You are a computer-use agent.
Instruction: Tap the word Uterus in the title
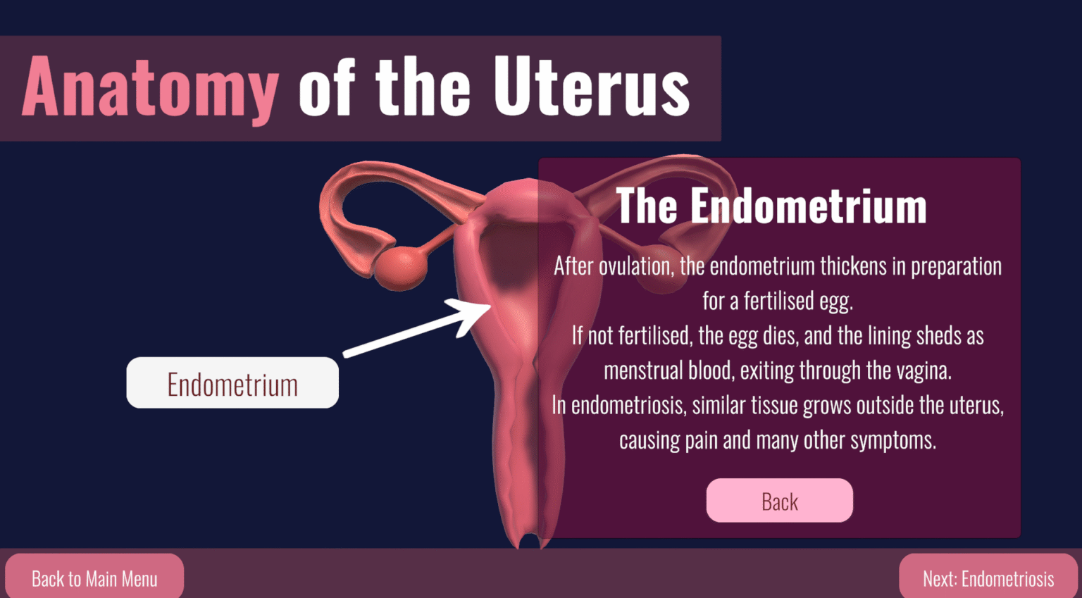click(x=592, y=86)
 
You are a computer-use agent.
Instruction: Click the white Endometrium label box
click(x=232, y=382)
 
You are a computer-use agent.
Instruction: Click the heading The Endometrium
click(x=771, y=206)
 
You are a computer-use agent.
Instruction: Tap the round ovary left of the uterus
click(x=401, y=268)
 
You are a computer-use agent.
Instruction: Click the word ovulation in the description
click(x=636, y=267)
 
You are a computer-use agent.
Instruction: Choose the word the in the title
click(x=423, y=87)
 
